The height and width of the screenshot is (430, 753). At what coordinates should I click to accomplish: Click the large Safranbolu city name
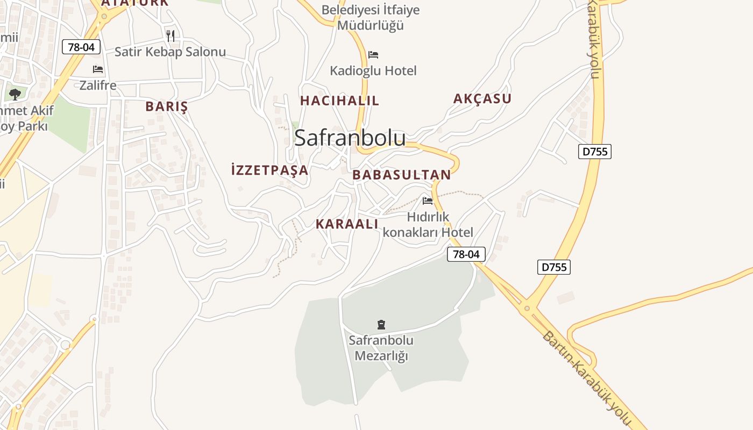(x=350, y=138)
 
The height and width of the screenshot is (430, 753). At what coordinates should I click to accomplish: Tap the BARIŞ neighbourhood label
(x=167, y=106)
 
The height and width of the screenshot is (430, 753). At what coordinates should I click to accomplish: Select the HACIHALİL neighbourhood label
(x=339, y=101)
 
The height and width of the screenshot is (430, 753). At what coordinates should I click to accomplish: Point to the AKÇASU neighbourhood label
(x=482, y=98)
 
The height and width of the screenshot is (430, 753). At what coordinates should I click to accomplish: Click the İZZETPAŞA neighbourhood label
(x=269, y=170)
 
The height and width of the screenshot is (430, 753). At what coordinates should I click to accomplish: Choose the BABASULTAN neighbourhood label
(x=401, y=175)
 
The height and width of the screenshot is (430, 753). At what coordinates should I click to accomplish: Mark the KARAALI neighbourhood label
(x=347, y=224)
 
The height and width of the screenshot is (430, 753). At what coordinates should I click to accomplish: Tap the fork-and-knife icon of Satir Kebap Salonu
(x=171, y=36)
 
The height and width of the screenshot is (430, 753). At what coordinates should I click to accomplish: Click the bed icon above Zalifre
(x=98, y=69)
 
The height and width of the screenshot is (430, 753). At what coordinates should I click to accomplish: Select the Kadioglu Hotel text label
(x=373, y=70)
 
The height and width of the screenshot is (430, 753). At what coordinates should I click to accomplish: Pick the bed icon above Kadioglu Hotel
(x=373, y=54)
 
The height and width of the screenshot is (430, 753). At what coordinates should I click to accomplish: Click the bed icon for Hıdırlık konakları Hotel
(x=428, y=201)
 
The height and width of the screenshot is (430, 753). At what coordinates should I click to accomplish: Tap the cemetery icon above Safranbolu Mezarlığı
(x=381, y=324)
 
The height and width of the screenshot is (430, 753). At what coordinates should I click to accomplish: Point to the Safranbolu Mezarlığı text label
(x=381, y=348)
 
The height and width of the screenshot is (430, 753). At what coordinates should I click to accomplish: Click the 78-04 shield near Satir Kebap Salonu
(x=81, y=47)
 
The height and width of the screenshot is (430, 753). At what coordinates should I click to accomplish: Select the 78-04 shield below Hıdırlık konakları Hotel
(x=466, y=254)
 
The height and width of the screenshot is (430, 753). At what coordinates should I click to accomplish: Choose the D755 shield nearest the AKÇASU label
(x=595, y=152)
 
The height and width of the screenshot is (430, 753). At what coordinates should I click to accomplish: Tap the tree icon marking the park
(x=15, y=95)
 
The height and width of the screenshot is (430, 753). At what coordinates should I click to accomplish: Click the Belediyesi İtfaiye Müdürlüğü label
(x=371, y=17)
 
